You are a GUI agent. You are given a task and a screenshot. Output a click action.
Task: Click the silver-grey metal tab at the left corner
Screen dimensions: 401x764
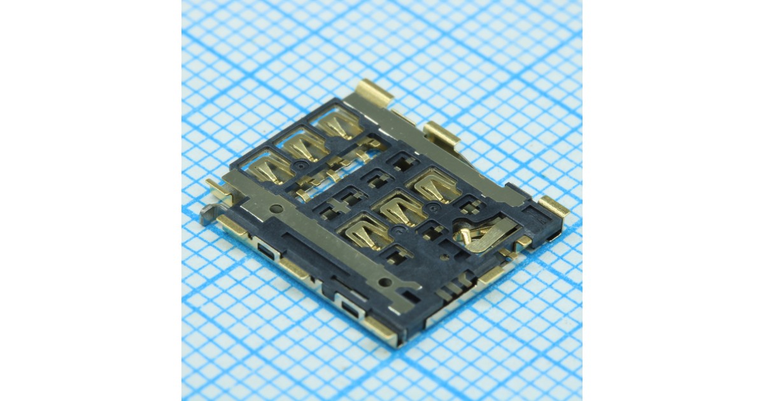pyautogui.click(x=208, y=215)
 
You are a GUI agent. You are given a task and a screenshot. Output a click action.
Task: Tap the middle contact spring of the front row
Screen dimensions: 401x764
pyautogui.click(x=401, y=207)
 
